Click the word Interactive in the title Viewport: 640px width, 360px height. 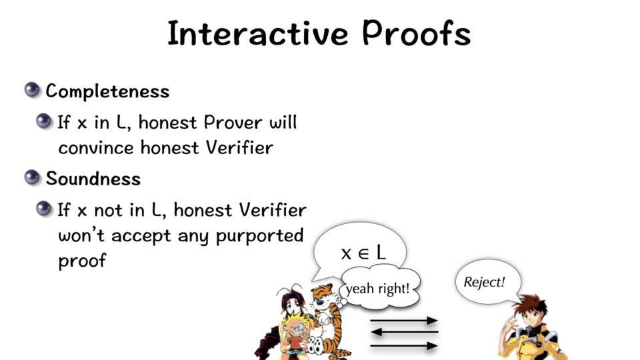pyautogui.click(x=258, y=33)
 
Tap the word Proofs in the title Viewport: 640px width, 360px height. pyautogui.click(x=416, y=33)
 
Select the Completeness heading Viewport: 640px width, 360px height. pyautogui.click(x=107, y=91)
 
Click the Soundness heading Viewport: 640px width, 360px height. pyautogui.click(x=93, y=179)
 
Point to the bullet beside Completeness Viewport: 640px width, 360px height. pyautogui.click(x=32, y=90)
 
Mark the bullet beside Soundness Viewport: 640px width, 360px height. pyautogui.click(x=32, y=177)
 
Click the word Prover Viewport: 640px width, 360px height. pyautogui.click(x=233, y=122)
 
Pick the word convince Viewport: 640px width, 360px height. pyautogui.click(x=96, y=148)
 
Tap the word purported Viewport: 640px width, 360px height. pyautogui.click(x=259, y=236)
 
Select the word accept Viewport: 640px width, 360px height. pyautogui.click(x=141, y=236)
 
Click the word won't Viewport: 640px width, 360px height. pyautogui.click(x=81, y=235)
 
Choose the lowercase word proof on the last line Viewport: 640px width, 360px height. pyautogui.click(x=82, y=261)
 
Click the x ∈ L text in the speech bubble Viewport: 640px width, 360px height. pyautogui.click(x=363, y=253)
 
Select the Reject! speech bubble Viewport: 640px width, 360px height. pyautogui.click(x=487, y=281)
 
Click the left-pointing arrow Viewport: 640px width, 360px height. pyautogui.click(x=404, y=332)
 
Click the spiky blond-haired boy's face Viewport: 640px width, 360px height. pyautogui.click(x=295, y=327)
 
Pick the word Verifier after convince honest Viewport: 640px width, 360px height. pyautogui.click(x=239, y=147)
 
